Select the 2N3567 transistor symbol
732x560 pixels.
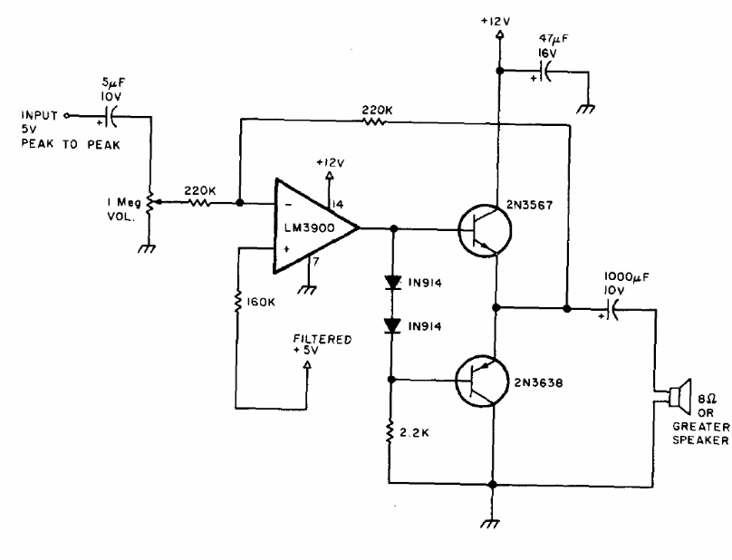(x=485, y=230)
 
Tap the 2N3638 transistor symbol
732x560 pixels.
(x=482, y=381)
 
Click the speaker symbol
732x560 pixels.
(x=680, y=397)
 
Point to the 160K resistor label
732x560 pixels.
(x=261, y=302)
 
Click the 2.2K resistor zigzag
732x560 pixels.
(x=389, y=431)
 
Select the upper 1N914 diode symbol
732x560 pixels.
(x=392, y=282)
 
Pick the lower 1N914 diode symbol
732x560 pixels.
(x=392, y=325)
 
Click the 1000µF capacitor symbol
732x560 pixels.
(x=612, y=309)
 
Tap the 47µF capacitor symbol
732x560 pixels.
(x=544, y=71)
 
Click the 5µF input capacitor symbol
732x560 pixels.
(x=110, y=116)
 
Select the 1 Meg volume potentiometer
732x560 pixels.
(x=151, y=202)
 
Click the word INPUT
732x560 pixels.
(x=39, y=115)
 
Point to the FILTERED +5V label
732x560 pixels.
(x=323, y=344)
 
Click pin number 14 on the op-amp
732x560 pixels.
(x=337, y=204)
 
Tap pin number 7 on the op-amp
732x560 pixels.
(x=316, y=262)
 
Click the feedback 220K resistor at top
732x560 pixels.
(x=375, y=121)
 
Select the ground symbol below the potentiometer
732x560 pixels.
(x=147, y=249)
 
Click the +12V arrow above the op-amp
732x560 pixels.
(x=329, y=176)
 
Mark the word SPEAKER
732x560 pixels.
(x=700, y=440)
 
